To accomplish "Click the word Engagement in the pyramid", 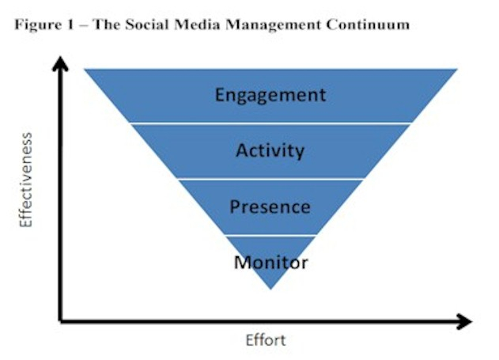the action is (270, 95).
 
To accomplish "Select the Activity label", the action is (270, 150).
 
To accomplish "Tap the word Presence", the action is (270, 207).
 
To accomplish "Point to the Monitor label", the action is (270, 263).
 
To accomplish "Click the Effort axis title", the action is (266, 340).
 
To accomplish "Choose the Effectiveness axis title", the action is (26, 180).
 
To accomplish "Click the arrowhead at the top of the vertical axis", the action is (60, 63).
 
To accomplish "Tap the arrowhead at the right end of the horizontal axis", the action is (464, 321).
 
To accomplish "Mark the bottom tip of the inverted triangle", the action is (270, 289).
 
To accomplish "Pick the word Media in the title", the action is (197, 25).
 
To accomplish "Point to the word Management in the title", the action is (273, 25).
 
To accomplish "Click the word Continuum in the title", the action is (368, 25).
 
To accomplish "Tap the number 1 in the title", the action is (70, 25).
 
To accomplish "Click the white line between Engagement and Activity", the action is (270, 123).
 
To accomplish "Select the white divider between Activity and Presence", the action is (270, 179).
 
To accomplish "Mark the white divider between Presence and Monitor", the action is (270, 236).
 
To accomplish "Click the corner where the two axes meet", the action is (60, 321).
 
